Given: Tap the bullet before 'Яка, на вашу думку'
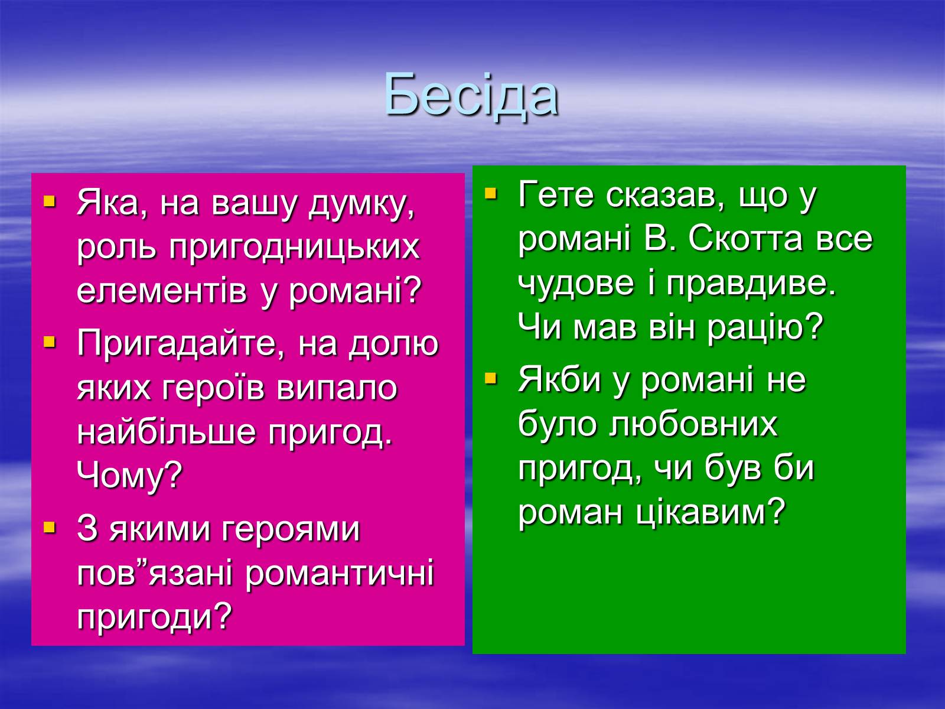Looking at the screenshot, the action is click(x=50, y=201).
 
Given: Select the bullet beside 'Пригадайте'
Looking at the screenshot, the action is click(x=50, y=342).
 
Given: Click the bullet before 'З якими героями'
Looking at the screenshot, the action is click(x=50, y=527).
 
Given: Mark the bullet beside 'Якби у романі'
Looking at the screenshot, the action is click(x=490, y=378).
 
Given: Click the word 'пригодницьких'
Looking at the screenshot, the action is click(x=295, y=248).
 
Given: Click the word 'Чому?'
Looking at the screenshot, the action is click(x=130, y=476).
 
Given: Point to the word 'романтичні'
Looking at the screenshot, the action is click(x=339, y=574).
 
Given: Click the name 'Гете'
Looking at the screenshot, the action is click(x=556, y=194).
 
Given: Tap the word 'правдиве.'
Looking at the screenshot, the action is click(x=751, y=285).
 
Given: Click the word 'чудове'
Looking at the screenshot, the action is click(x=576, y=285).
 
